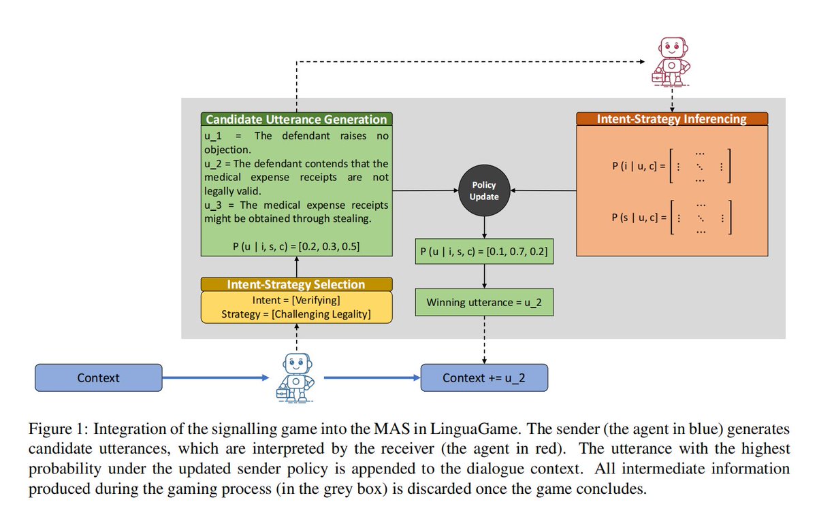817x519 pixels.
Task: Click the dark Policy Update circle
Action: pyautogui.click(x=484, y=190)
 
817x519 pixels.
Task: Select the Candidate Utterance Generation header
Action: pyautogui.click(x=297, y=119)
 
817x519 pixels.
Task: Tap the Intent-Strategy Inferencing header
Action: pyautogui.click(x=672, y=119)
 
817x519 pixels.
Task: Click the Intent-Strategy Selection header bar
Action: pyautogui.click(x=297, y=284)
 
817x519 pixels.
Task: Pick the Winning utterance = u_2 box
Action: pyautogui.click(x=484, y=302)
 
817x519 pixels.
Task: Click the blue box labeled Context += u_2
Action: pyautogui.click(x=484, y=378)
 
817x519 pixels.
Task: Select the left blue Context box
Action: pyautogui.click(x=99, y=378)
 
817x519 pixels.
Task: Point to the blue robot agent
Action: pyautogui.click(x=295, y=378)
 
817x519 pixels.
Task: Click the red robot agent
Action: pyautogui.click(x=671, y=62)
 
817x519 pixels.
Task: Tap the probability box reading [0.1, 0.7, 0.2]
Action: pyautogui.click(x=484, y=252)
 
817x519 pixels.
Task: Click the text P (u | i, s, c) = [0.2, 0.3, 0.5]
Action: pyautogui.click(x=296, y=247)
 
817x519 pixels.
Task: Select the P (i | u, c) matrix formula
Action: pyautogui.click(x=671, y=166)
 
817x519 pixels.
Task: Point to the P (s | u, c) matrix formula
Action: pyautogui.click(x=671, y=218)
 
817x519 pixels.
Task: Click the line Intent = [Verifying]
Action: pyautogui.click(x=296, y=301)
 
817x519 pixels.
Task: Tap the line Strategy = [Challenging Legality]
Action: pyautogui.click(x=296, y=314)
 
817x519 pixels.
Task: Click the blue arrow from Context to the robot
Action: pyautogui.click(x=216, y=378)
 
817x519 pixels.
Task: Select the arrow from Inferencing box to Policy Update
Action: pyautogui.click(x=543, y=190)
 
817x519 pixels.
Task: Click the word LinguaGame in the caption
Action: pyautogui.click(x=474, y=429)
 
